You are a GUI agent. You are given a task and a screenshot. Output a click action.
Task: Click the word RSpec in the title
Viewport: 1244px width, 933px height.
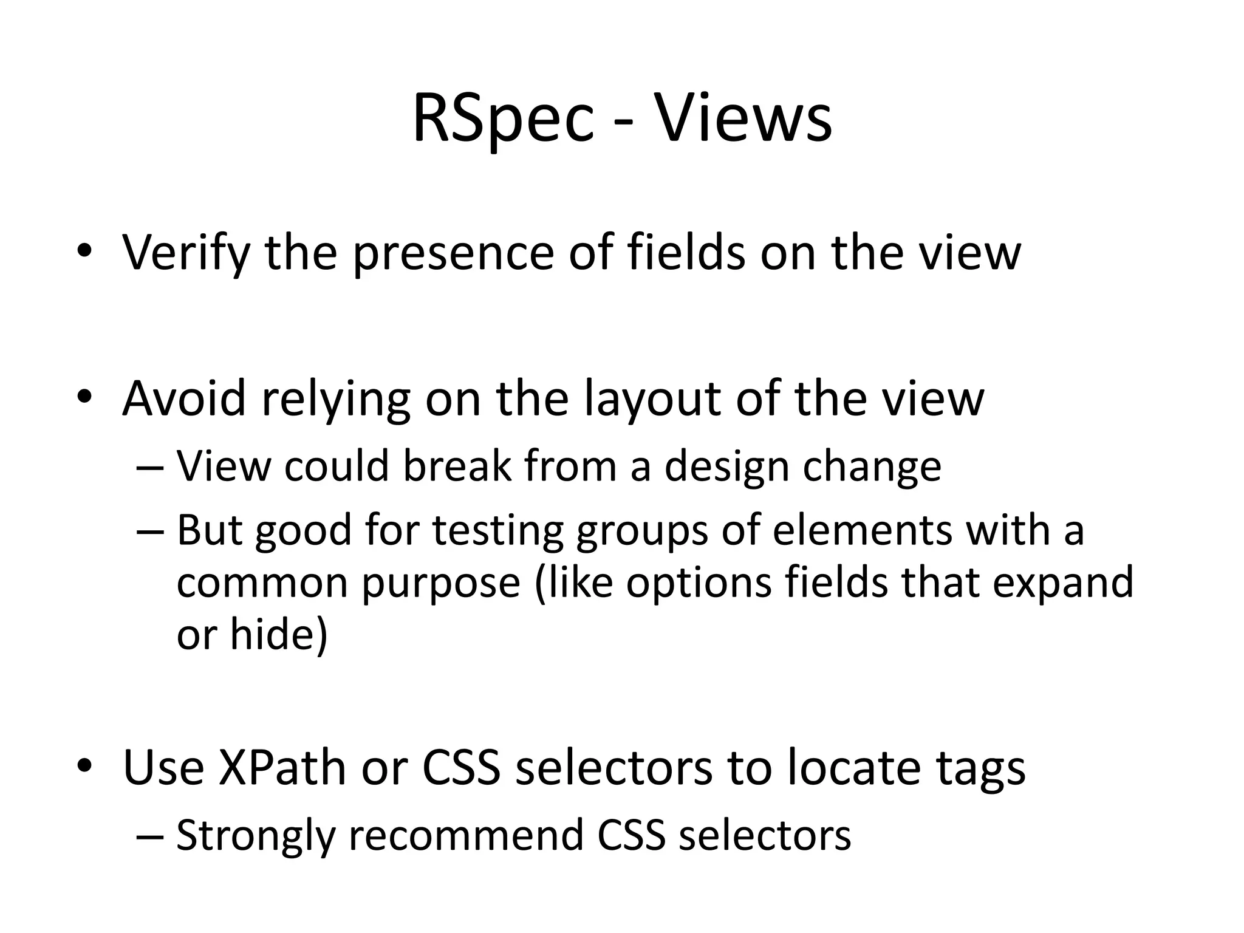(x=502, y=119)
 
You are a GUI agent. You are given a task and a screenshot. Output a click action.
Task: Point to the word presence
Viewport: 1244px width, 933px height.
(x=453, y=252)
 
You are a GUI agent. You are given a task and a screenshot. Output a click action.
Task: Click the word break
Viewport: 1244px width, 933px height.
(x=457, y=466)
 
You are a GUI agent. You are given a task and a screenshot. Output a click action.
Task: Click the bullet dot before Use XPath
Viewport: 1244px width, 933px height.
(x=84, y=765)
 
